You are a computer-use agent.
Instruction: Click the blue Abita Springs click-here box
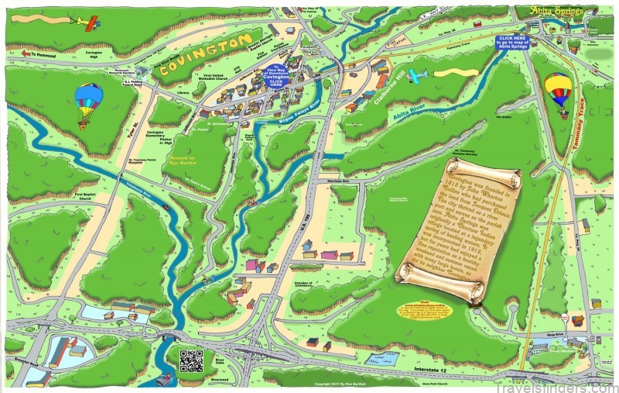click(514, 41)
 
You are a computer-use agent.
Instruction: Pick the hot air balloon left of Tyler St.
click(87, 102)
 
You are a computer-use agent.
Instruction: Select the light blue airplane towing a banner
click(418, 75)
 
